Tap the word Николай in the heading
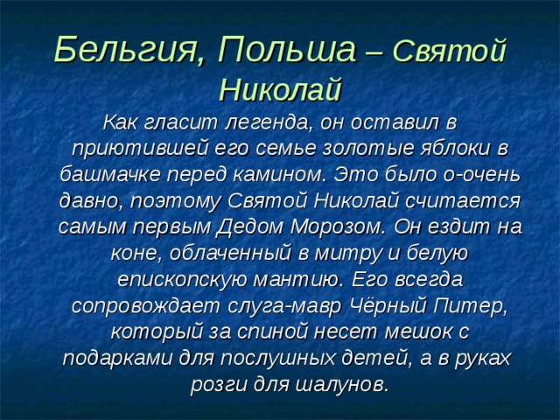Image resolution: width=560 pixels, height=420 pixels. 278,88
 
